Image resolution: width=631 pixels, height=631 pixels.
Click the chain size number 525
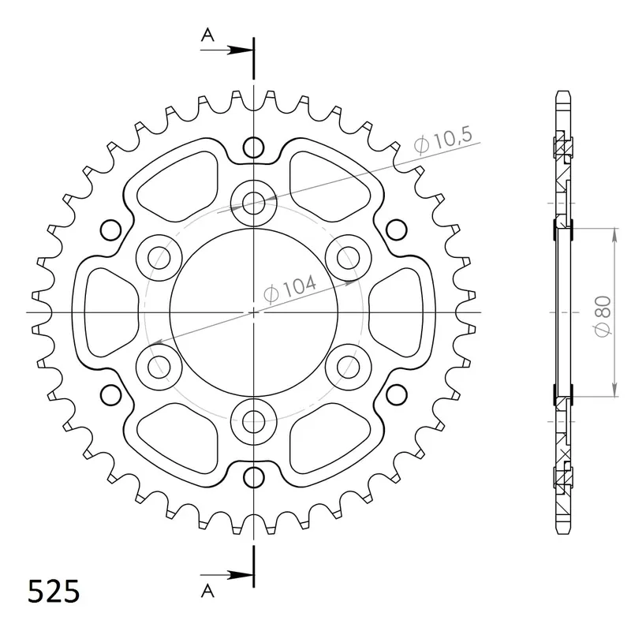point(54,591)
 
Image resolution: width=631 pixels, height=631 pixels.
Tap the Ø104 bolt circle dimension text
point(290,288)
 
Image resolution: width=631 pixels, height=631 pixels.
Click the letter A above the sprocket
point(207,34)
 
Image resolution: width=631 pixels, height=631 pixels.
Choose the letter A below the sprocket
point(207,590)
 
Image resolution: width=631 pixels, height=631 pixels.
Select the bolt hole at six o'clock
point(253,419)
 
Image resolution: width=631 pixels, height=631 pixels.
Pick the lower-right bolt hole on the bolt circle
point(346,365)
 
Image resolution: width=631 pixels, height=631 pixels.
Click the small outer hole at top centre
point(253,147)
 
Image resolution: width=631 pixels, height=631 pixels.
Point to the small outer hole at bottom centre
point(253,476)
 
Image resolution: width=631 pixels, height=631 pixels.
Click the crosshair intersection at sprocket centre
point(253,312)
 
